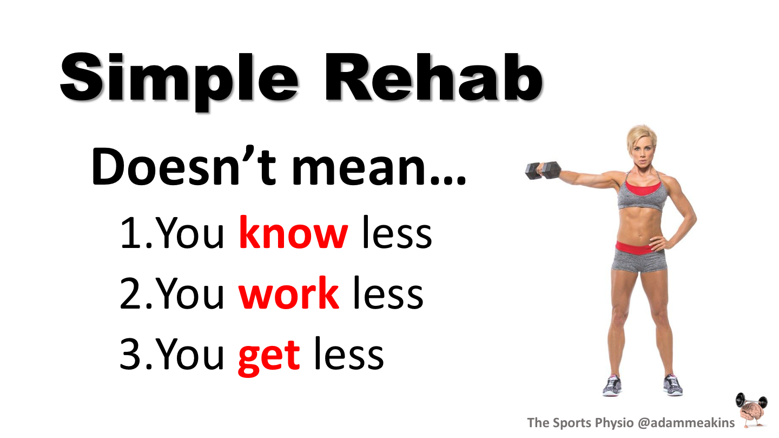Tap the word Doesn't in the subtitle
(x=184, y=166)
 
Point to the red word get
(x=269, y=356)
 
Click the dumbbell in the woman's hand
(x=543, y=170)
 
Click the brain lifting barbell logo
(x=752, y=411)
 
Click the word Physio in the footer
(x=614, y=423)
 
